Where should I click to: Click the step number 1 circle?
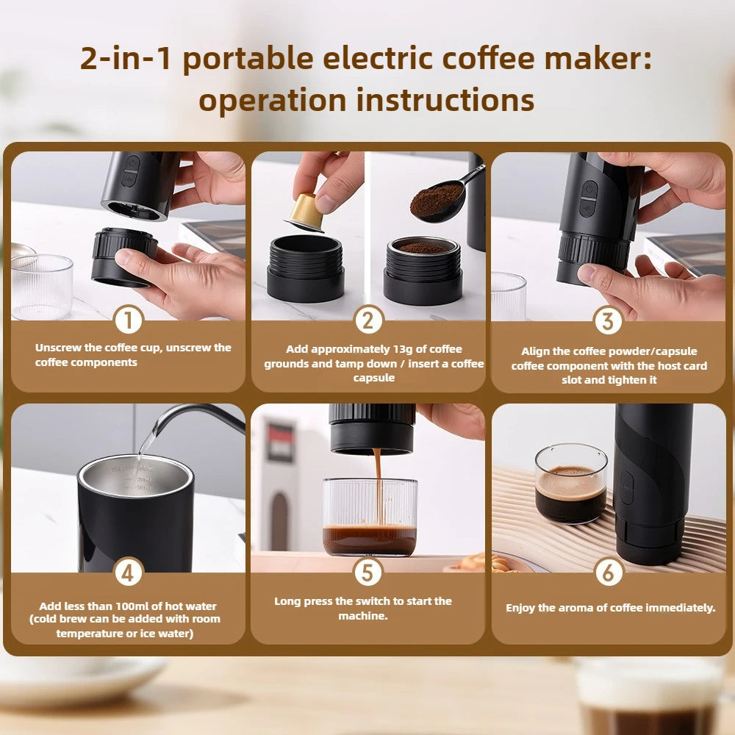tap(129, 321)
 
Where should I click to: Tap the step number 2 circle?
tap(368, 321)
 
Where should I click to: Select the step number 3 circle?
tap(608, 321)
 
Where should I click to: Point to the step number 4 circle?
tap(129, 573)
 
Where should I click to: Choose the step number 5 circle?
tap(368, 573)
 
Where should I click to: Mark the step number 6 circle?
tap(608, 573)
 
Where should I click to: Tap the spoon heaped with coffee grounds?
tap(437, 201)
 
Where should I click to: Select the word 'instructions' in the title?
tap(445, 101)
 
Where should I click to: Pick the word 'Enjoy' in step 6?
tap(521, 608)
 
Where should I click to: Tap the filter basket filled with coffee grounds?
tap(422, 250)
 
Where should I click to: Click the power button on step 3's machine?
tap(588, 189)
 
